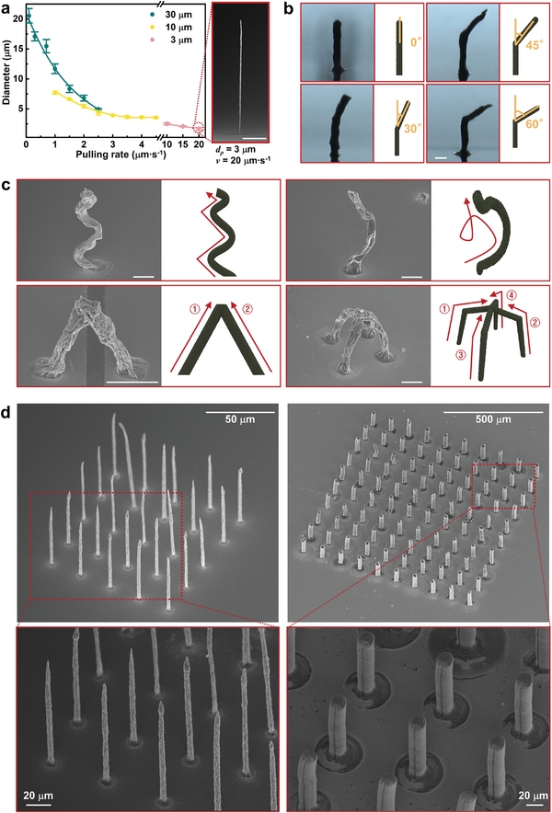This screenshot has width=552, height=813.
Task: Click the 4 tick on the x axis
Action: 141,143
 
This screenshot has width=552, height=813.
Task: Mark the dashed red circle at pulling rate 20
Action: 198,129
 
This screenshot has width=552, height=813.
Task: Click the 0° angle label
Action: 417,42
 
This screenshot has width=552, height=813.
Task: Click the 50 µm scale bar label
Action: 240,418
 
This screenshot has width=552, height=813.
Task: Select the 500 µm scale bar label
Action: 493,419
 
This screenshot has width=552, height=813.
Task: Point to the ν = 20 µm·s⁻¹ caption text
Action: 242,158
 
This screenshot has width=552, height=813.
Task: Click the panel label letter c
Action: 6,186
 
